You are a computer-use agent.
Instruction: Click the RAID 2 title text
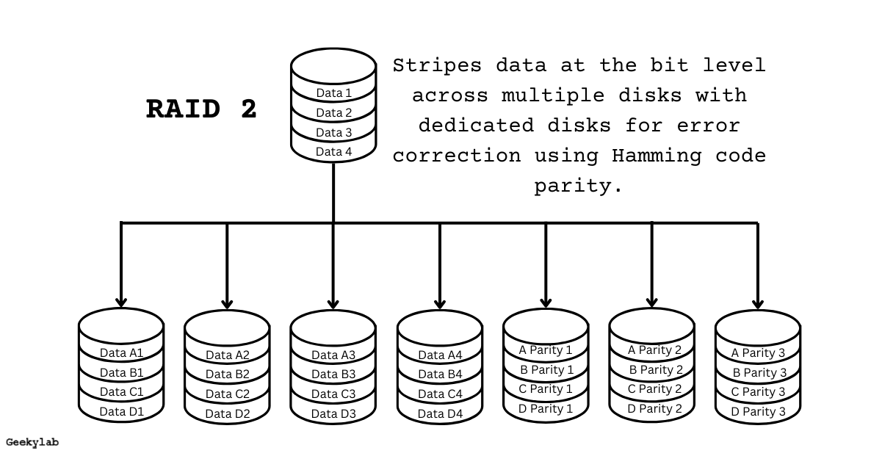click(x=202, y=109)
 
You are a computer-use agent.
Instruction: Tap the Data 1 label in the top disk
click(x=333, y=93)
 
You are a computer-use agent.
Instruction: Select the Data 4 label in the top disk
click(x=333, y=151)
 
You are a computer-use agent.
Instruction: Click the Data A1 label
click(x=121, y=352)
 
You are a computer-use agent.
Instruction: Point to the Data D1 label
click(x=121, y=411)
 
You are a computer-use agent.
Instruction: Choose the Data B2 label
click(x=227, y=374)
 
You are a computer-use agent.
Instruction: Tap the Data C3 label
click(x=333, y=394)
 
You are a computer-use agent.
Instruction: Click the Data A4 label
click(x=440, y=355)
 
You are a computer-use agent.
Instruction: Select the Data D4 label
click(x=440, y=413)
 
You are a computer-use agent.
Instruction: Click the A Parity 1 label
click(x=545, y=350)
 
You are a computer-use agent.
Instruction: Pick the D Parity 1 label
click(x=545, y=408)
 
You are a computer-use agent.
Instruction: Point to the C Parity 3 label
click(x=758, y=391)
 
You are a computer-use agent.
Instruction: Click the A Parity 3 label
click(x=758, y=352)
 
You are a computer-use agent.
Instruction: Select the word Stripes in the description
click(x=437, y=65)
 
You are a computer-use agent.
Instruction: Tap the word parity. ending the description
click(x=578, y=187)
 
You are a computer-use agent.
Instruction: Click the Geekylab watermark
click(x=32, y=442)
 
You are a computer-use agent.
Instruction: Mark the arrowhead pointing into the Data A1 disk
click(x=121, y=301)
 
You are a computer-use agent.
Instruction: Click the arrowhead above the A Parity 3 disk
click(x=757, y=303)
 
